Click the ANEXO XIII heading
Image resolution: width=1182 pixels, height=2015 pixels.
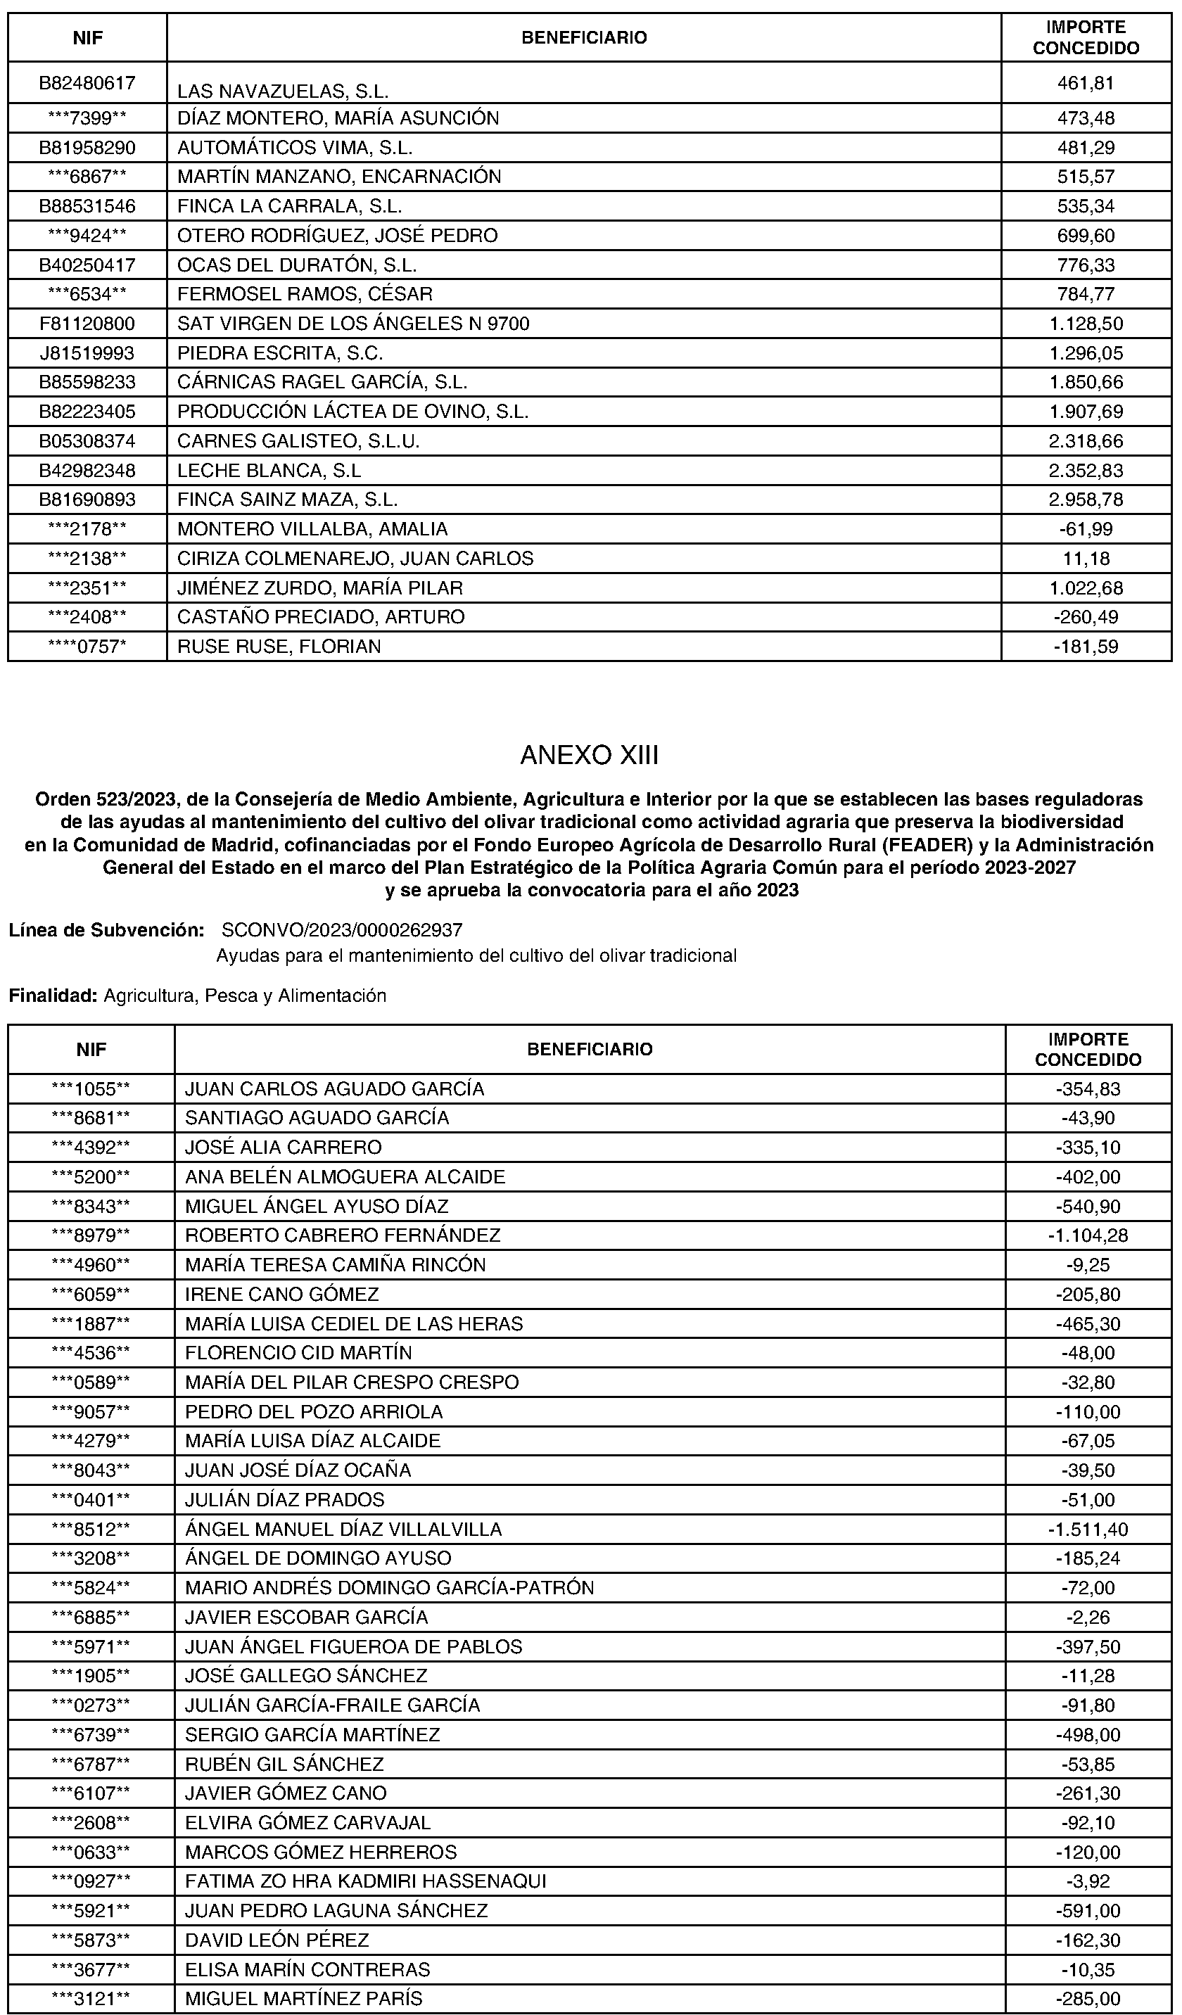590,756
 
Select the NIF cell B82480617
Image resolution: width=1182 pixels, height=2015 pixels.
88,82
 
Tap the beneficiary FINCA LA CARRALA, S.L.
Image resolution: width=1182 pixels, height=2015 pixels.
289,206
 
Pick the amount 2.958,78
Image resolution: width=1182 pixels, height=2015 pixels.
1086,500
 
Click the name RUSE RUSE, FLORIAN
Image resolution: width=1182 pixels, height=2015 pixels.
279,646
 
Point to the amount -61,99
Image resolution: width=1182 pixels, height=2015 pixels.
1086,529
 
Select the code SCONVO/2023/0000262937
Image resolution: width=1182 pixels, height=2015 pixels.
341,930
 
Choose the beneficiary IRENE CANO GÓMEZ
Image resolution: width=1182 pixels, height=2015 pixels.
281,1294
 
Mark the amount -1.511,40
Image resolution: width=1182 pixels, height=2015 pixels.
1088,1529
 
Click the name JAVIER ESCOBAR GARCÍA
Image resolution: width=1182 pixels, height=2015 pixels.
306,1617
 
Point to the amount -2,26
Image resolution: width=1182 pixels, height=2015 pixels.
1088,1617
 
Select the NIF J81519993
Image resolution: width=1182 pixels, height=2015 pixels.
88,352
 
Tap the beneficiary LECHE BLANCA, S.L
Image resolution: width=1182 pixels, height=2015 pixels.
269,470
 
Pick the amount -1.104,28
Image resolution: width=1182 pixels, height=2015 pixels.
1088,1235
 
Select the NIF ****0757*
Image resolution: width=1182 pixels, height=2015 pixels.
88,646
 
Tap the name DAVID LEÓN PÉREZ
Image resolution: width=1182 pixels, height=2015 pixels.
277,1940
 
